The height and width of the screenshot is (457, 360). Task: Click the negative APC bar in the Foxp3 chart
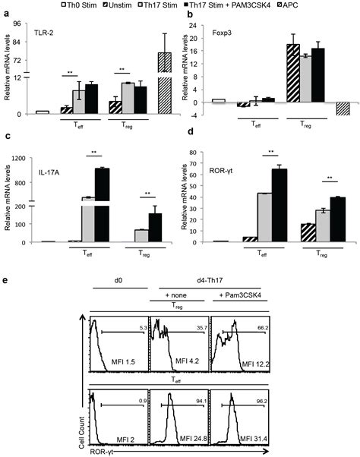tap(342, 108)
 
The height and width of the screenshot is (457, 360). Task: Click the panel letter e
tap(6, 281)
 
